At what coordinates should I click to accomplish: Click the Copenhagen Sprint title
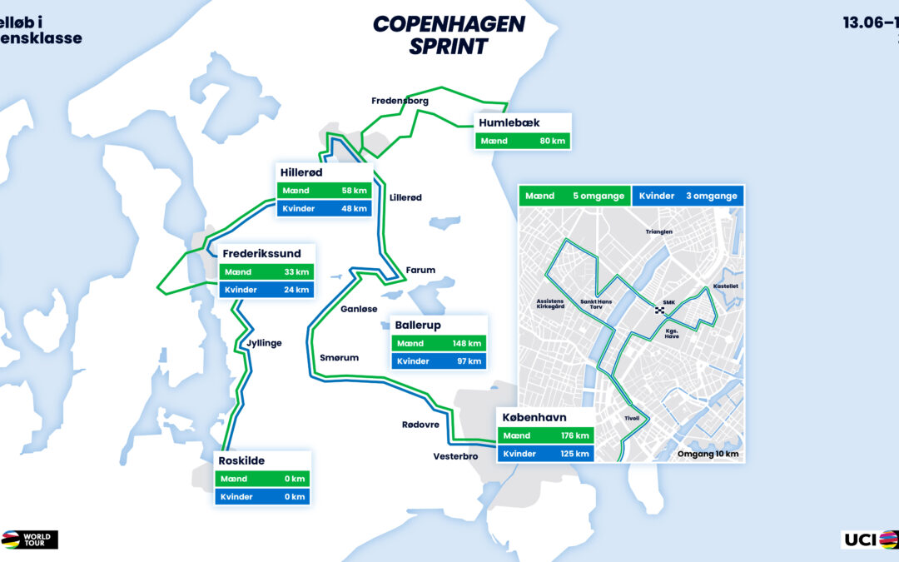point(449,34)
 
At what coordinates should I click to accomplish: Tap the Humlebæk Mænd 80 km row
point(523,141)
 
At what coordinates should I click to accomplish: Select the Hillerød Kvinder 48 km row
point(324,208)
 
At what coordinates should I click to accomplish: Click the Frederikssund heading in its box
point(261,253)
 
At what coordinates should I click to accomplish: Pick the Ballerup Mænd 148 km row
point(438,343)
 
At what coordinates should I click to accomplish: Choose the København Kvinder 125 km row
point(545,454)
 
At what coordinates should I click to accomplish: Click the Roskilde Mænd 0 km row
point(261,479)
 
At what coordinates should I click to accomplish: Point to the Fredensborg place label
point(400,101)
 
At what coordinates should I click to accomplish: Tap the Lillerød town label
point(405,197)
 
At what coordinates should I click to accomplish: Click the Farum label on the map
point(420,270)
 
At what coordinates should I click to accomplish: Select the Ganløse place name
point(359,308)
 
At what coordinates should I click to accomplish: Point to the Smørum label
point(339,357)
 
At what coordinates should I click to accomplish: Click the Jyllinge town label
point(263,342)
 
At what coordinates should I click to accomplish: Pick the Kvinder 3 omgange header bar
point(688,196)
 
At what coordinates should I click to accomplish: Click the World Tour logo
point(30,540)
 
